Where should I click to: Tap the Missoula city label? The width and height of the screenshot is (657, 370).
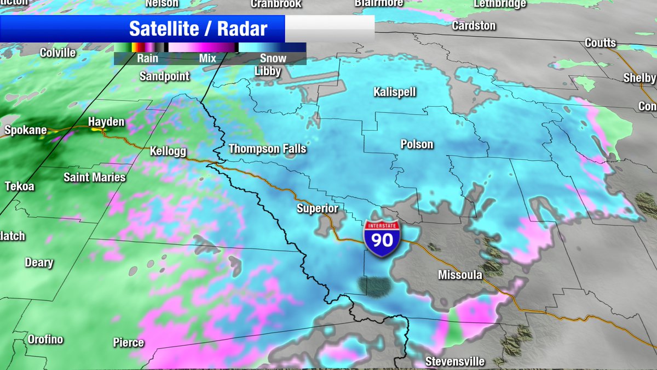tap(460, 275)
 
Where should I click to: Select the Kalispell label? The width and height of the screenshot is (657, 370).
tap(395, 92)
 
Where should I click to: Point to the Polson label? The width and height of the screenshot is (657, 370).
tap(417, 145)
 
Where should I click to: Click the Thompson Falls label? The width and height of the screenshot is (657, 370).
tap(267, 149)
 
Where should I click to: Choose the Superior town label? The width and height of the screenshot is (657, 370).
tap(318, 208)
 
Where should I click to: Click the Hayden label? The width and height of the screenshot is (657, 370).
tap(107, 122)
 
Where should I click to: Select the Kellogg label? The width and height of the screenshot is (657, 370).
tap(168, 151)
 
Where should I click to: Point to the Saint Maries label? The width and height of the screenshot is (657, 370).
tap(95, 177)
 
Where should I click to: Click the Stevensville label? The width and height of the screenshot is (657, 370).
tap(456, 361)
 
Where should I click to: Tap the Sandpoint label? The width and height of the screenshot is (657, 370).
tap(164, 76)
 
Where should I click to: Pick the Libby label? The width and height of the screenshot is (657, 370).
tap(268, 71)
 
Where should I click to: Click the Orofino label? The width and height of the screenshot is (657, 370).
tap(45, 339)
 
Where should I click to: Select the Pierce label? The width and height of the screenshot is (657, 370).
tap(129, 343)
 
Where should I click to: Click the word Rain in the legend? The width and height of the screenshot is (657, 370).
tap(148, 58)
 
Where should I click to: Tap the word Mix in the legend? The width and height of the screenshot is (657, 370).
tap(208, 58)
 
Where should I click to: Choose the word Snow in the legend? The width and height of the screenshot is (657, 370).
tap(273, 58)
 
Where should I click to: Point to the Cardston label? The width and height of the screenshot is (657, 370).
tap(474, 26)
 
